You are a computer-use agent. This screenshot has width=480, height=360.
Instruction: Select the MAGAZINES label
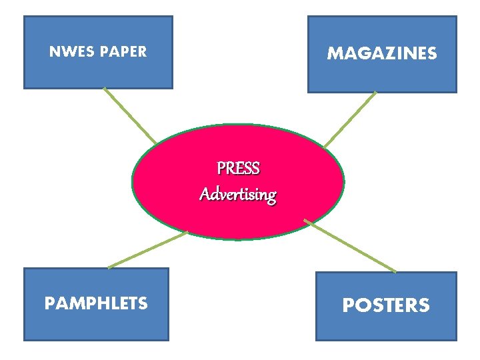point(382,53)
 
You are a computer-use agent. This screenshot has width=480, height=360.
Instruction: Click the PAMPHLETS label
point(96,304)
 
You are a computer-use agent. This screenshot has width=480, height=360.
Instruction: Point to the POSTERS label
point(386,305)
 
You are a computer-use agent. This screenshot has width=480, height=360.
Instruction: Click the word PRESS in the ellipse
point(238,168)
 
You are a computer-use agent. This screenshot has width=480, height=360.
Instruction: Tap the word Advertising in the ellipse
point(238,195)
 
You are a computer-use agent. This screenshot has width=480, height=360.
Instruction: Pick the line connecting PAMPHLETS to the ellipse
point(148,250)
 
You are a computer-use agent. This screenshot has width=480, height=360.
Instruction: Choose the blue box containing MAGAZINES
point(382,77)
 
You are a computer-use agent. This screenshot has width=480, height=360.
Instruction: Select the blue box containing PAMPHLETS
point(96,327)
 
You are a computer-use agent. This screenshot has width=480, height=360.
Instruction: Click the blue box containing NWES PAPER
point(98,73)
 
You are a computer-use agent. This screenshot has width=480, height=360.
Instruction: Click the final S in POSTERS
point(423,305)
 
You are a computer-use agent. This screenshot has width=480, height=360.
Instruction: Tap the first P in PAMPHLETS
point(49,304)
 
